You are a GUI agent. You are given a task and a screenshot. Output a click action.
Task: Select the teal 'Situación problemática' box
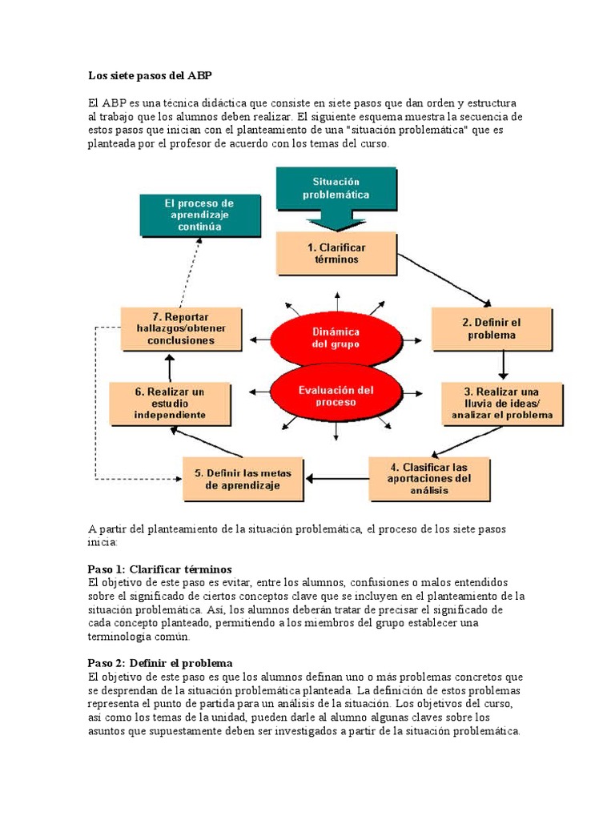pos(336,189)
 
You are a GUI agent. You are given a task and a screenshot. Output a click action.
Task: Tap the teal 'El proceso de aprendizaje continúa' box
pos(200,215)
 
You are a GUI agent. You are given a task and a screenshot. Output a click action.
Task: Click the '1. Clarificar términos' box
pos(336,253)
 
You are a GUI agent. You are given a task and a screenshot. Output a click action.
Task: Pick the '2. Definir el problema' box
pos(492,329)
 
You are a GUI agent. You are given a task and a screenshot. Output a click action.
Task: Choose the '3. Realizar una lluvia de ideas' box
pos(501,403)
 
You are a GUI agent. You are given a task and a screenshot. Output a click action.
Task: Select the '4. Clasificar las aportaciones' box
pos(429,478)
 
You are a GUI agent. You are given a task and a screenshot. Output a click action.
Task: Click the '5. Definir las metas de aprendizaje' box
pos(243,478)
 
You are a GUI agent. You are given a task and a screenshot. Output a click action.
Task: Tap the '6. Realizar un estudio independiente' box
pos(170,403)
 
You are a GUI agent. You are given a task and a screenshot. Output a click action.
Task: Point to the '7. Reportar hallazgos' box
pos(181,329)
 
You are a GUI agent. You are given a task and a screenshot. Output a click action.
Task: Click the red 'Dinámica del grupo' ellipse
pos(336,337)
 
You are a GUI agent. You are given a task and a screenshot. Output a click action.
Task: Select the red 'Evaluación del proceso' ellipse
pos(336,396)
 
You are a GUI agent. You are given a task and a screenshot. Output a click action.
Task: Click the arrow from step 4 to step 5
pos(336,479)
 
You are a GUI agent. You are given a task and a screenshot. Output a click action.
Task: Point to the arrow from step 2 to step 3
pos(503,364)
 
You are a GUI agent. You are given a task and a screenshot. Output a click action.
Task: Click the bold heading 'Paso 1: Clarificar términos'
pos(159,569)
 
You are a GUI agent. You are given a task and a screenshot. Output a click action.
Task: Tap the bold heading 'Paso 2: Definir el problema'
pos(159,663)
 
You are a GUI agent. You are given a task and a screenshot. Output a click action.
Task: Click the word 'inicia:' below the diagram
pos(102,542)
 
